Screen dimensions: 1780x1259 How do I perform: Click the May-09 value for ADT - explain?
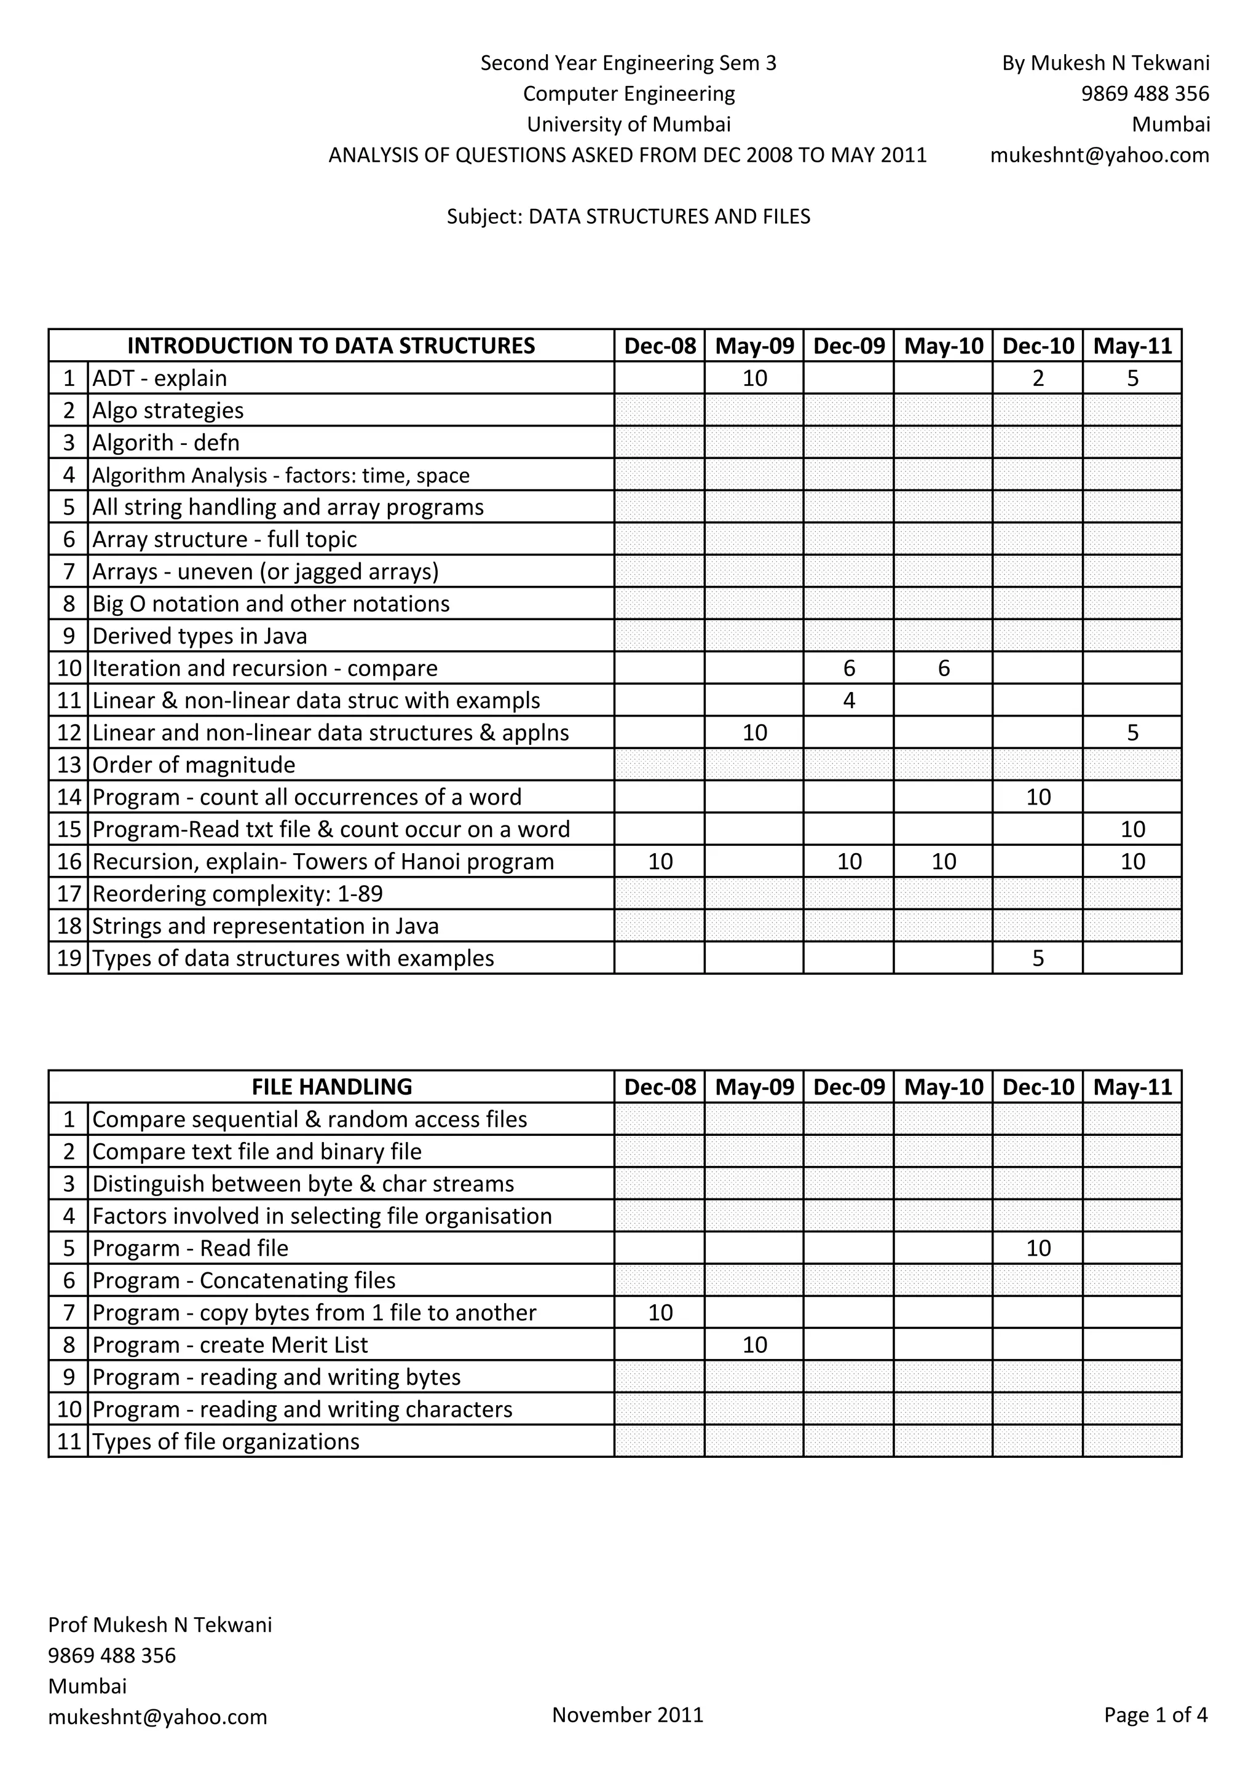[x=754, y=379]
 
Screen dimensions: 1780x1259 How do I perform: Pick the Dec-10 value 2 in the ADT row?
[x=1038, y=379]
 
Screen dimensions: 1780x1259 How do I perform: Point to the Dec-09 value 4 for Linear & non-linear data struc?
[x=849, y=701]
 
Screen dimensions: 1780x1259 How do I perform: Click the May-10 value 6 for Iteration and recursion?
[x=944, y=668]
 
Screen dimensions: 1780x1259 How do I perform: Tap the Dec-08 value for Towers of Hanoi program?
[x=660, y=861]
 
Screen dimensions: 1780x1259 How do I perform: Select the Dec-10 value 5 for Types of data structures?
[x=1038, y=958]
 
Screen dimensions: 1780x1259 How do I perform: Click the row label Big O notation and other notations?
[x=270, y=604]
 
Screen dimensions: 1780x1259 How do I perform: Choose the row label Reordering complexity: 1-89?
[x=237, y=894]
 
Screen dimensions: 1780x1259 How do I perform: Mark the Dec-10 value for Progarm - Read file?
[x=1038, y=1248]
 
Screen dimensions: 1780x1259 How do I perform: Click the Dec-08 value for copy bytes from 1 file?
[x=660, y=1312]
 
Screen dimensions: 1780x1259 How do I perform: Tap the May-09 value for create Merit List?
[x=754, y=1345]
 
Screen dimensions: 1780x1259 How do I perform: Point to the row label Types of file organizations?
[x=226, y=1441]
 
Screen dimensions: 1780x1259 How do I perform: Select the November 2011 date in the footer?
[x=627, y=1714]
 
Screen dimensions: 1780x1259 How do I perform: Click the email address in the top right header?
[x=1099, y=155]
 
